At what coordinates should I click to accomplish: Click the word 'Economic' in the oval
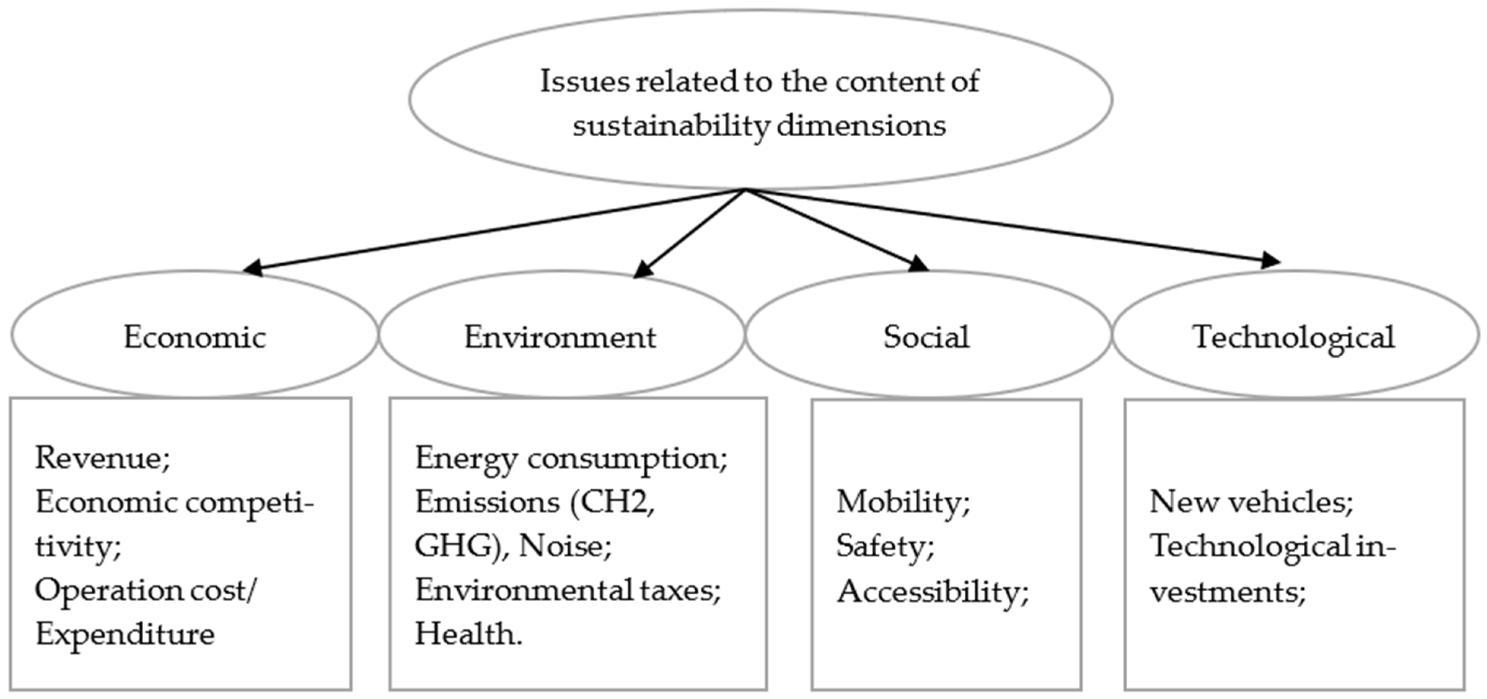click(195, 337)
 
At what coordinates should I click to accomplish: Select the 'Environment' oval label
click(560, 337)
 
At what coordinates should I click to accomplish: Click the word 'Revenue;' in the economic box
click(103, 458)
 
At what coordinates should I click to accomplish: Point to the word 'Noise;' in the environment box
click(565, 546)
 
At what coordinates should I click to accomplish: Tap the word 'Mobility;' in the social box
click(903, 502)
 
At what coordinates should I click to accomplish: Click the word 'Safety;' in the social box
click(885, 546)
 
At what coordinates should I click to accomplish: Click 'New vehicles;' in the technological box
click(1251, 502)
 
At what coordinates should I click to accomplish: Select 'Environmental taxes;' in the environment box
click(567, 591)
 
